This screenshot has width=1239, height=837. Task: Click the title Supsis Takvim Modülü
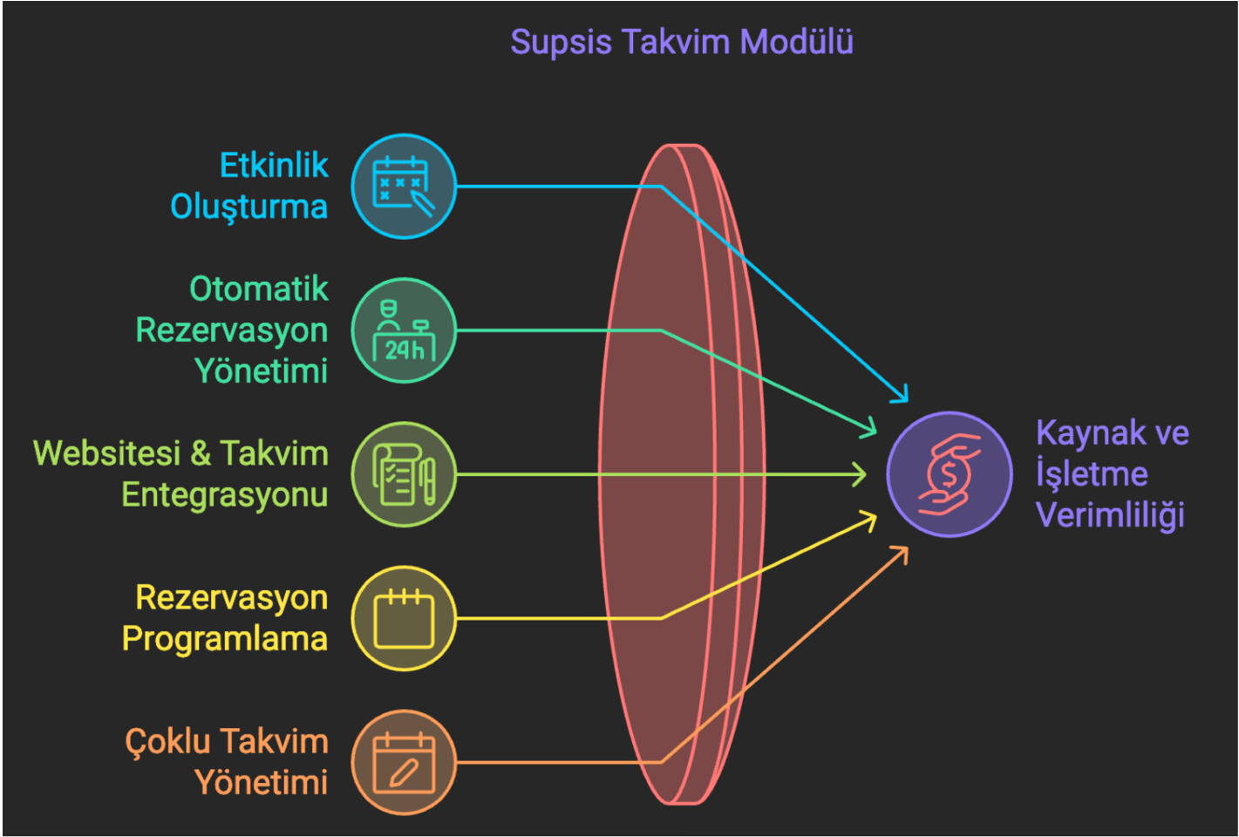click(x=682, y=42)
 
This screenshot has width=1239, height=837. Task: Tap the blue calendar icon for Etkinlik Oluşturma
click(x=404, y=187)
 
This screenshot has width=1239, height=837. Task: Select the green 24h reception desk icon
click(x=404, y=330)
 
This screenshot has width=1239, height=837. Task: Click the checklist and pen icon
click(x=404, y=474)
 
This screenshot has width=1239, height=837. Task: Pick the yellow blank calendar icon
click(x=404, y=618)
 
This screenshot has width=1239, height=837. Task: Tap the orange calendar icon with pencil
click(x=404, y=762)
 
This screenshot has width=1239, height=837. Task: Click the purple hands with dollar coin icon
click(x=950, y=474)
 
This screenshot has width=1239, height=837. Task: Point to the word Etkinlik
click(x=274, y=165)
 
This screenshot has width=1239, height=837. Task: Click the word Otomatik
click(x=259, y=289)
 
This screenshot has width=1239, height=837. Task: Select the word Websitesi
click(x=107, y=453)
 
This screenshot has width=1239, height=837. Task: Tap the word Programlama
click(x=225, y=639)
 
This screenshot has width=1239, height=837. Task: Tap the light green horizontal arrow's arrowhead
click(x=860, y=474)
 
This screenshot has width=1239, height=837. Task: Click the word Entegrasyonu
click(x=225, y=495)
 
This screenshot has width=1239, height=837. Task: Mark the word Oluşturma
click(x=248, y=208)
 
